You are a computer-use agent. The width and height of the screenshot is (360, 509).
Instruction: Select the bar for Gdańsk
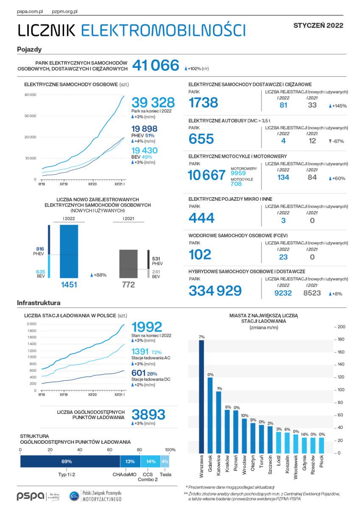[x=210, y=415]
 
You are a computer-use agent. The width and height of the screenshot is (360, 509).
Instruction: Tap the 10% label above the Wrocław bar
[x=244, y=415]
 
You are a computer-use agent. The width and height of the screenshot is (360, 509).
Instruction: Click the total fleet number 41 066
[x=156, y=65]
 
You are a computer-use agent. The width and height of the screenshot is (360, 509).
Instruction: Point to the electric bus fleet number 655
[x=201, y=139]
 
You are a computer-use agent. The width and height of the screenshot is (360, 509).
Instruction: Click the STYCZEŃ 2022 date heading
[x=318, y=25]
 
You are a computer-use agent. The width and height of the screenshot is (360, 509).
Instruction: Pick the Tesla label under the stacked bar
[x=165, y=474]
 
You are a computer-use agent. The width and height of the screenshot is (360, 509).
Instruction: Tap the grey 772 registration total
[x=128, y=285]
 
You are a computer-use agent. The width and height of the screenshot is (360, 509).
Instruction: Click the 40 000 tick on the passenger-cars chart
[x=30, y=95]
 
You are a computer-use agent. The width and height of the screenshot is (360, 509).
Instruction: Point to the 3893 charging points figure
[x=148, y=414]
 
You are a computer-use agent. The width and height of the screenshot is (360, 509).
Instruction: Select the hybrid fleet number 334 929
[x=215, y=291]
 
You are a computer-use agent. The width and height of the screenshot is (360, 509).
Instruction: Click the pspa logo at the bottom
[x=31, y=496]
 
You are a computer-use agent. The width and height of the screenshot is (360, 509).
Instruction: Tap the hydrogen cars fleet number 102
[x=200, y=254]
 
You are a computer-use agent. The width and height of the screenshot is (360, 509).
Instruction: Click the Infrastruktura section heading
[x=39, y=303]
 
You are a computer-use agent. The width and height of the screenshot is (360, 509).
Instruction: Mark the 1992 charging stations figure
[x=147, y=327]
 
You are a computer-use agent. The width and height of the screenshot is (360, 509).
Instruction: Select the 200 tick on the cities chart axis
[x=342, y=327]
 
